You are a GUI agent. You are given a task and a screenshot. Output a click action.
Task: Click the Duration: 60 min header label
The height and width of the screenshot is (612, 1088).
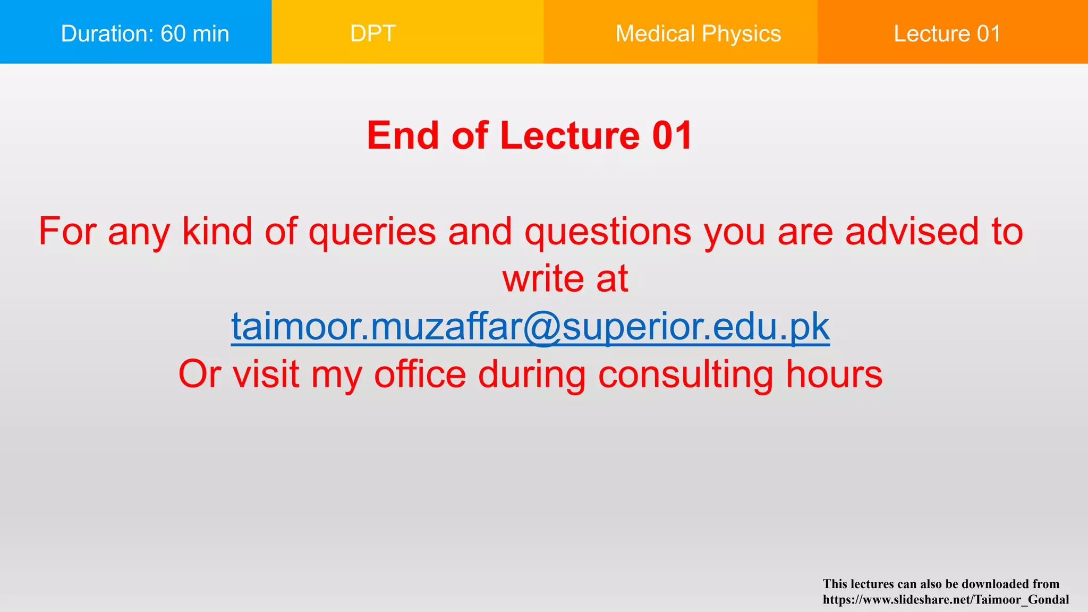[x=145, y=33]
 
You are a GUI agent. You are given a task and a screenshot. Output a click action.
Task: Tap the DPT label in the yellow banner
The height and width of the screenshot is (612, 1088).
[x=373, y=33]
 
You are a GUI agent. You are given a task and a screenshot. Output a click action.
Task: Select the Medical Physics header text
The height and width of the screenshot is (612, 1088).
[x=698, y=33]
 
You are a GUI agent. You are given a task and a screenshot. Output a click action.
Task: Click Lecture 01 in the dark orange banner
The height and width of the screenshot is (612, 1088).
[x=947, y=33]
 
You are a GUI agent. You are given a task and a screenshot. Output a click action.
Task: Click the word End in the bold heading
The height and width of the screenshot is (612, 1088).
[x=403, y=135]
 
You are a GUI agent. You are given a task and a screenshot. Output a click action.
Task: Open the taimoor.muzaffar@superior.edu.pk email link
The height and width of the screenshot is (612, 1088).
[x=530, y=326]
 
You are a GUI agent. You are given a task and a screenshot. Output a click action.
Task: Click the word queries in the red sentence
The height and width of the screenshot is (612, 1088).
[x=372, y=232]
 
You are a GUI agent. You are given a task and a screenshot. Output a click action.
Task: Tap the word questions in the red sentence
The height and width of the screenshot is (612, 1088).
[x=608, y=232]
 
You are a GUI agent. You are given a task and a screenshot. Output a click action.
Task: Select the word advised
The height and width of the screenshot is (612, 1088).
[x=912, y=232]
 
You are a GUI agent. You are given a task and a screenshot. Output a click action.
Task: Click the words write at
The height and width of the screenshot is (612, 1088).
[x=565, y=278]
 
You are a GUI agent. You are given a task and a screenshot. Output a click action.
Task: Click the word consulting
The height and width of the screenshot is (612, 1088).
[x=686, y=374]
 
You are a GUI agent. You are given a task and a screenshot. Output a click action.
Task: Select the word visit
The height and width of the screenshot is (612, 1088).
[x=266, y=374]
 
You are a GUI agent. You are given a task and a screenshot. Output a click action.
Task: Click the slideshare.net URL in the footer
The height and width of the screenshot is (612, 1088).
[x=946, y=600]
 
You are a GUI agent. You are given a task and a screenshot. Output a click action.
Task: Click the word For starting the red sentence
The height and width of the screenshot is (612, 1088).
[x=67, y=232]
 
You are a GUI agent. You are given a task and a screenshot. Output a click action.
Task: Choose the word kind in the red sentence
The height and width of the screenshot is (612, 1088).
[x=217, y=232]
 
